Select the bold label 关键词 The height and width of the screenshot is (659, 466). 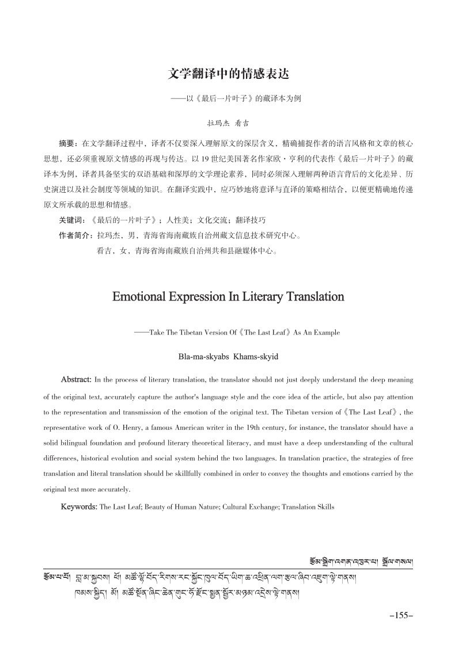pos(71,220)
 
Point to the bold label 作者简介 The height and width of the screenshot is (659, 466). pos(75,235)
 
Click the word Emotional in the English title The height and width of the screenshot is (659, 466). pos(145,298)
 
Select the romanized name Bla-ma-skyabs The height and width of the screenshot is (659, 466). pos(204,357)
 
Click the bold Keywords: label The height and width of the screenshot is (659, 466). pos(79,507)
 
